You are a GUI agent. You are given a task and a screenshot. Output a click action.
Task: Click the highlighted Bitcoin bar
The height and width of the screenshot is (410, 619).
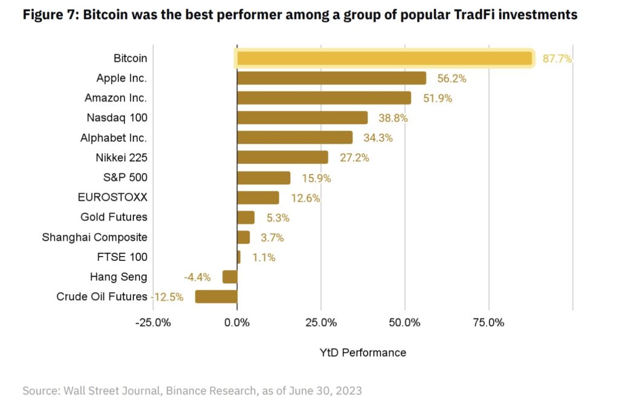384,59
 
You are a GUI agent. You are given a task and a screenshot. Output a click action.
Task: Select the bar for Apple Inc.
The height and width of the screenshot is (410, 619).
331,78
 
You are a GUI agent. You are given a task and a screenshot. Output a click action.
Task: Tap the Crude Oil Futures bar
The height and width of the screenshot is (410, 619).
216,296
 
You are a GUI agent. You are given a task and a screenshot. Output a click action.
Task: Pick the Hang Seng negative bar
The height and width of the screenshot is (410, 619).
230,277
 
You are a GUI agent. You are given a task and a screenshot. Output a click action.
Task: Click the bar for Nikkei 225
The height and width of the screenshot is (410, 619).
282,158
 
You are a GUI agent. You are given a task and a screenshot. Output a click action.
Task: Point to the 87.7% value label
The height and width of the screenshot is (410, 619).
557,59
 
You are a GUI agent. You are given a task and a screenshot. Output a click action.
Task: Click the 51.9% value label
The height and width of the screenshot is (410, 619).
438,98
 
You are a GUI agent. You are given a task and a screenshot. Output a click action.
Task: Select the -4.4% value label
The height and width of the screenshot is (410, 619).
197,277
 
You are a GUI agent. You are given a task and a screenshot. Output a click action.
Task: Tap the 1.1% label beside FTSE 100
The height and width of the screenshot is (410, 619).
264,257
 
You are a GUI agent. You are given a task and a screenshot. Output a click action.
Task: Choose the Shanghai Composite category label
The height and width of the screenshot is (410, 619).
94,237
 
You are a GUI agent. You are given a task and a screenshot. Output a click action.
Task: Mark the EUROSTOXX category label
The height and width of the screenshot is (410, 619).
112,197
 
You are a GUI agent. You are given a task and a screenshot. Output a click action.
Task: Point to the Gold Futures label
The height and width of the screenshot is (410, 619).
114,217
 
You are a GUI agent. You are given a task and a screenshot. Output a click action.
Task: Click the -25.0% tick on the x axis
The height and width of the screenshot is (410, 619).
153,322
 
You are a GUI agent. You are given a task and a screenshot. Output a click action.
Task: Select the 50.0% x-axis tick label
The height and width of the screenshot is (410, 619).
404,322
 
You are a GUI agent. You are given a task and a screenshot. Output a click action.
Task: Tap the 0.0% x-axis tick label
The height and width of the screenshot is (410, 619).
237,322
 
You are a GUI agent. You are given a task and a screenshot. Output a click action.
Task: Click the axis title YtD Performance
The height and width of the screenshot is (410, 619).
363,353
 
